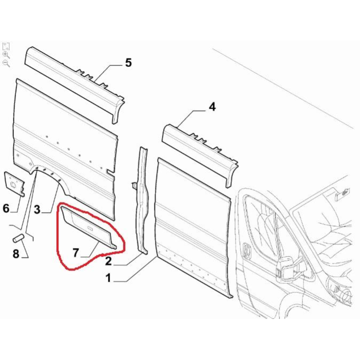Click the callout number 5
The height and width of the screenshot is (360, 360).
pyautogui.click(x=129, y=63)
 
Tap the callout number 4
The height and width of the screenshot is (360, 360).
pyautogui.click(x=212, y=107)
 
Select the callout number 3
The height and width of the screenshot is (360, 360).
pyautogui.click(x=37, y=210)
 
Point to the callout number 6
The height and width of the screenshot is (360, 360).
pyautogui.click(x=6, y=208)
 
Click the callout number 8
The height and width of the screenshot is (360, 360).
pyautogui.click(x=16, y=254)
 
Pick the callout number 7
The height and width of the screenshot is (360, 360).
pyautogui.click(x=76, y=253)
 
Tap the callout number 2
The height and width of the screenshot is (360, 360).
pyautogui.click(x=108, y=261)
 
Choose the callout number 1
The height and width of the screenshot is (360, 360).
pyautogui.click(x=108, y=278)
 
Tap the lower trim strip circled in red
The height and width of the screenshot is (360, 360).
pyautogui.click(x=89, y=227)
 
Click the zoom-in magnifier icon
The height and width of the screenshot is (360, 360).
pyautogui.click(x=6, y=55)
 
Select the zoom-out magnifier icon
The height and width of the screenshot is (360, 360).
pyautogui.click(x=6, y=63)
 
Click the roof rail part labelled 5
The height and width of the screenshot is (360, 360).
pyautogui.click(x=75, y=85)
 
